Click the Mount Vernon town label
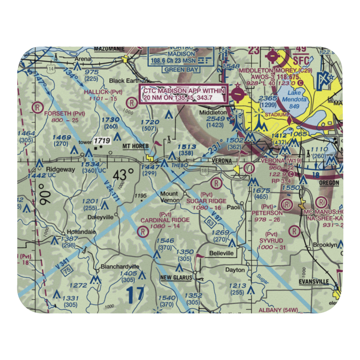169,197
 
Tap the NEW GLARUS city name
176,278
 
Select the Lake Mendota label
296,96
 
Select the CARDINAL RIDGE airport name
165,220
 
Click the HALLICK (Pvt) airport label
103,92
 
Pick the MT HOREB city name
136,146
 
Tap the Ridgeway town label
59,169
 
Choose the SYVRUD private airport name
271,240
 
